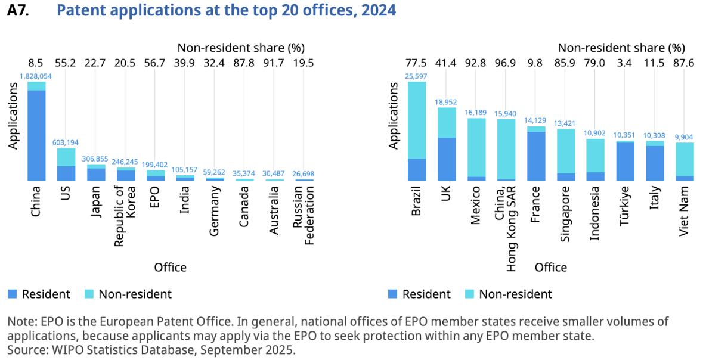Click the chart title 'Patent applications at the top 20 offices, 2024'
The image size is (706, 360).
226,11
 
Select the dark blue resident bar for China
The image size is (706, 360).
36,135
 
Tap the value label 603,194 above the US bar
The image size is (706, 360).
66,142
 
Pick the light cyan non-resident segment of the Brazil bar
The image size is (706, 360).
417,120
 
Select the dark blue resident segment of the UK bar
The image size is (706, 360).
447,159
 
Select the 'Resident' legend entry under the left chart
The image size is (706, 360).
39,294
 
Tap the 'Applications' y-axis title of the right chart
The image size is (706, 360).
394,116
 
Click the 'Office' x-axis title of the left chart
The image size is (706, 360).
170,267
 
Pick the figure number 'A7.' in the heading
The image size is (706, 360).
18,11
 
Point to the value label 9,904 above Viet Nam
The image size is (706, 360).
685,137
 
